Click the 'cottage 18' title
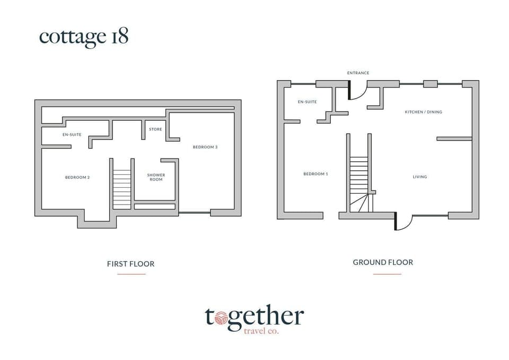click(x=84, y=37)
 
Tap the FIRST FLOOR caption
click(x=130, y=264)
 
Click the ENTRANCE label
click(x=358, y=73)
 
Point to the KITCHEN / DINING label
click(x=423, y=112)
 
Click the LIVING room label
click(x=420, y=177)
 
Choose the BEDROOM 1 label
click(x=315, y=174)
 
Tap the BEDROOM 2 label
click(x=77, y=177)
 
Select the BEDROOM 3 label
click(x=205, y=147)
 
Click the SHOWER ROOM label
click(x=156, y=177)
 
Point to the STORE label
click(x=155, y=129)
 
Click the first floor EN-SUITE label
click(x=72, y=135)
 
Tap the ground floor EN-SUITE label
click(x=307, y=102)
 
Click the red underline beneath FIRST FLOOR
click(x=131, y=274)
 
